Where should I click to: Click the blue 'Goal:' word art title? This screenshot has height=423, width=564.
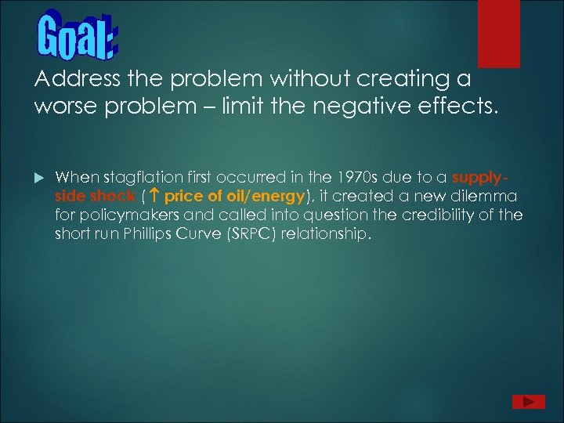77,36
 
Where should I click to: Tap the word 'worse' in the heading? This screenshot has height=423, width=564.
63,106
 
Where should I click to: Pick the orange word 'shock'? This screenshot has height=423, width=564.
114,196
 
